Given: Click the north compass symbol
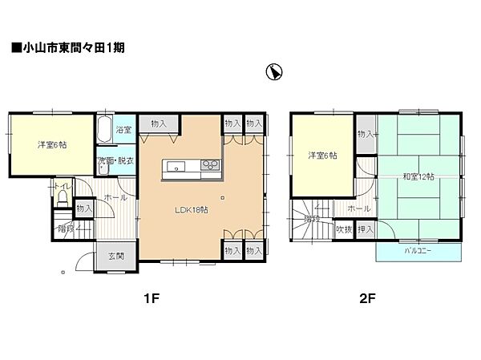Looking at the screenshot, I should click(x=273, y=72).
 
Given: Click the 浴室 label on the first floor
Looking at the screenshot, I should click(x=123, y=130).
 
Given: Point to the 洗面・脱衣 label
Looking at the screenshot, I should click(x=115, y=161).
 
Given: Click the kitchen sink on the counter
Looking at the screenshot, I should click(x=176, y=167).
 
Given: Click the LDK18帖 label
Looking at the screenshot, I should click(x=192, y=210).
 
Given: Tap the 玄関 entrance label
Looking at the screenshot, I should click(x=115, y=257).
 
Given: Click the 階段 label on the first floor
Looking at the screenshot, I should click(x=68, y=227).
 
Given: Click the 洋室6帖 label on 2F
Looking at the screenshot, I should click(x=323, y=156).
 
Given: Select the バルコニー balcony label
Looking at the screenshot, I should click(x=418, y=250).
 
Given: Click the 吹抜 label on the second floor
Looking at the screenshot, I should click(x=344, y=229).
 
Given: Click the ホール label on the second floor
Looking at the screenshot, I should click(x=358, y=208).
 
